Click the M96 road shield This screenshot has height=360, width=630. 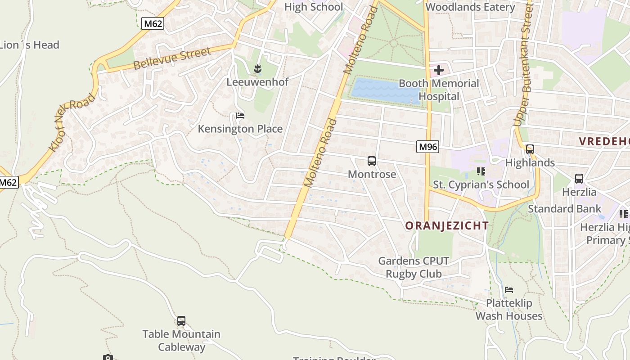(427, 146)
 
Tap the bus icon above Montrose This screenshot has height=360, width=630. (372, 161)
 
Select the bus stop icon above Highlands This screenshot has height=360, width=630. (530, 149)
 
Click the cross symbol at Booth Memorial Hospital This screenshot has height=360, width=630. (438, 70)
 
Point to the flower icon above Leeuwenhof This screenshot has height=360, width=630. (257, 69)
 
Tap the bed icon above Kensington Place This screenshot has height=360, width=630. (240, 116)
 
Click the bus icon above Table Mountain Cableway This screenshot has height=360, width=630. (181, 321)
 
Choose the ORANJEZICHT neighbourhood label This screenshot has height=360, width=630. (447, 225)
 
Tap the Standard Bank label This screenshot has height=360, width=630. (564, 209)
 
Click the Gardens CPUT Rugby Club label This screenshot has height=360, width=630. (414, 267)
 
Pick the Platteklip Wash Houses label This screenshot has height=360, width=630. (509, 310)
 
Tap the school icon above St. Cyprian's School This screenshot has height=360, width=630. (481, 171)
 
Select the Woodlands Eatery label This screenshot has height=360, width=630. (470, 7)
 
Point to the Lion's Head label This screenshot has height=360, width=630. (30, 45)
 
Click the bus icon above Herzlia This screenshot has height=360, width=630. (579, 179)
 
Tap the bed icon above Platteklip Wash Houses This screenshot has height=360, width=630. (509, 290)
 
